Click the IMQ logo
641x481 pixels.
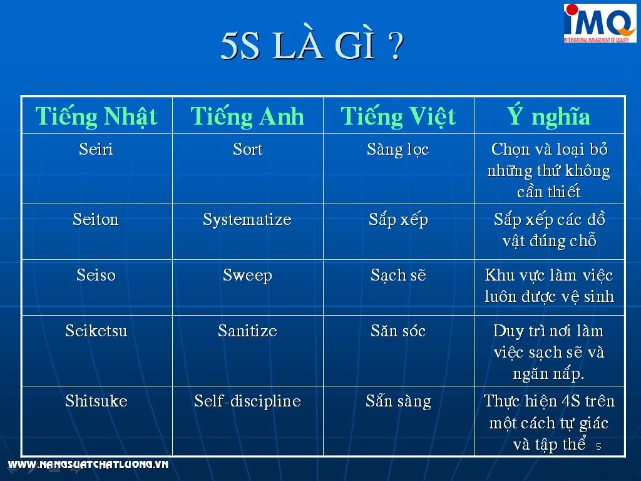pyautogui.click(x=600, y=23)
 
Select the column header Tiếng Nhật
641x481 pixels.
pyautogui.click(x=96, y=116)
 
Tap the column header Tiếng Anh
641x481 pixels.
pyautogui.click(x=247, y=116)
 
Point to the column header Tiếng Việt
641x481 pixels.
pyautogui.click(x=398, y=116)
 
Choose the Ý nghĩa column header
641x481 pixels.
pyautogui.click(x=549, y=116)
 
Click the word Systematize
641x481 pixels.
pyautogui.click(x=247, y=220)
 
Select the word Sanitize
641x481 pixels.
pyautogui.click(x=248, y=331)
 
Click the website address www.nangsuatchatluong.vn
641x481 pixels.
pyautogui.click(x=88, y=464)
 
